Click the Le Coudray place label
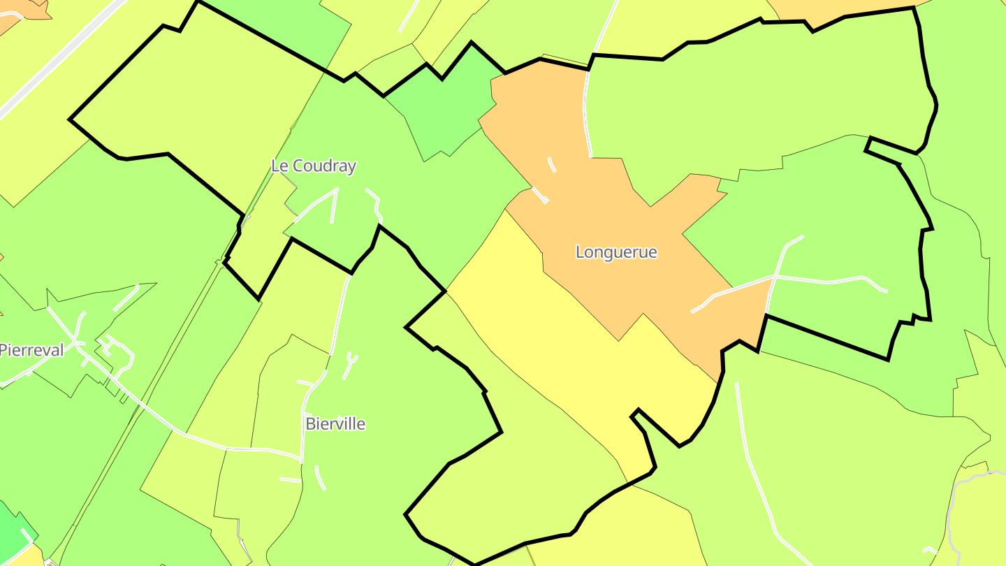pos(314,166)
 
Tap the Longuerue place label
pos(616,252)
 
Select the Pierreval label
pos(31,350)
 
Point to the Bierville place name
pos(335,424)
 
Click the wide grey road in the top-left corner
pos(56,63)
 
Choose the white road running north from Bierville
pos(340,314)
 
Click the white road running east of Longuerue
pos(824,282)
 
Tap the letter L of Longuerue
pos(579,252)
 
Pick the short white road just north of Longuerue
pos(551,165)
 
